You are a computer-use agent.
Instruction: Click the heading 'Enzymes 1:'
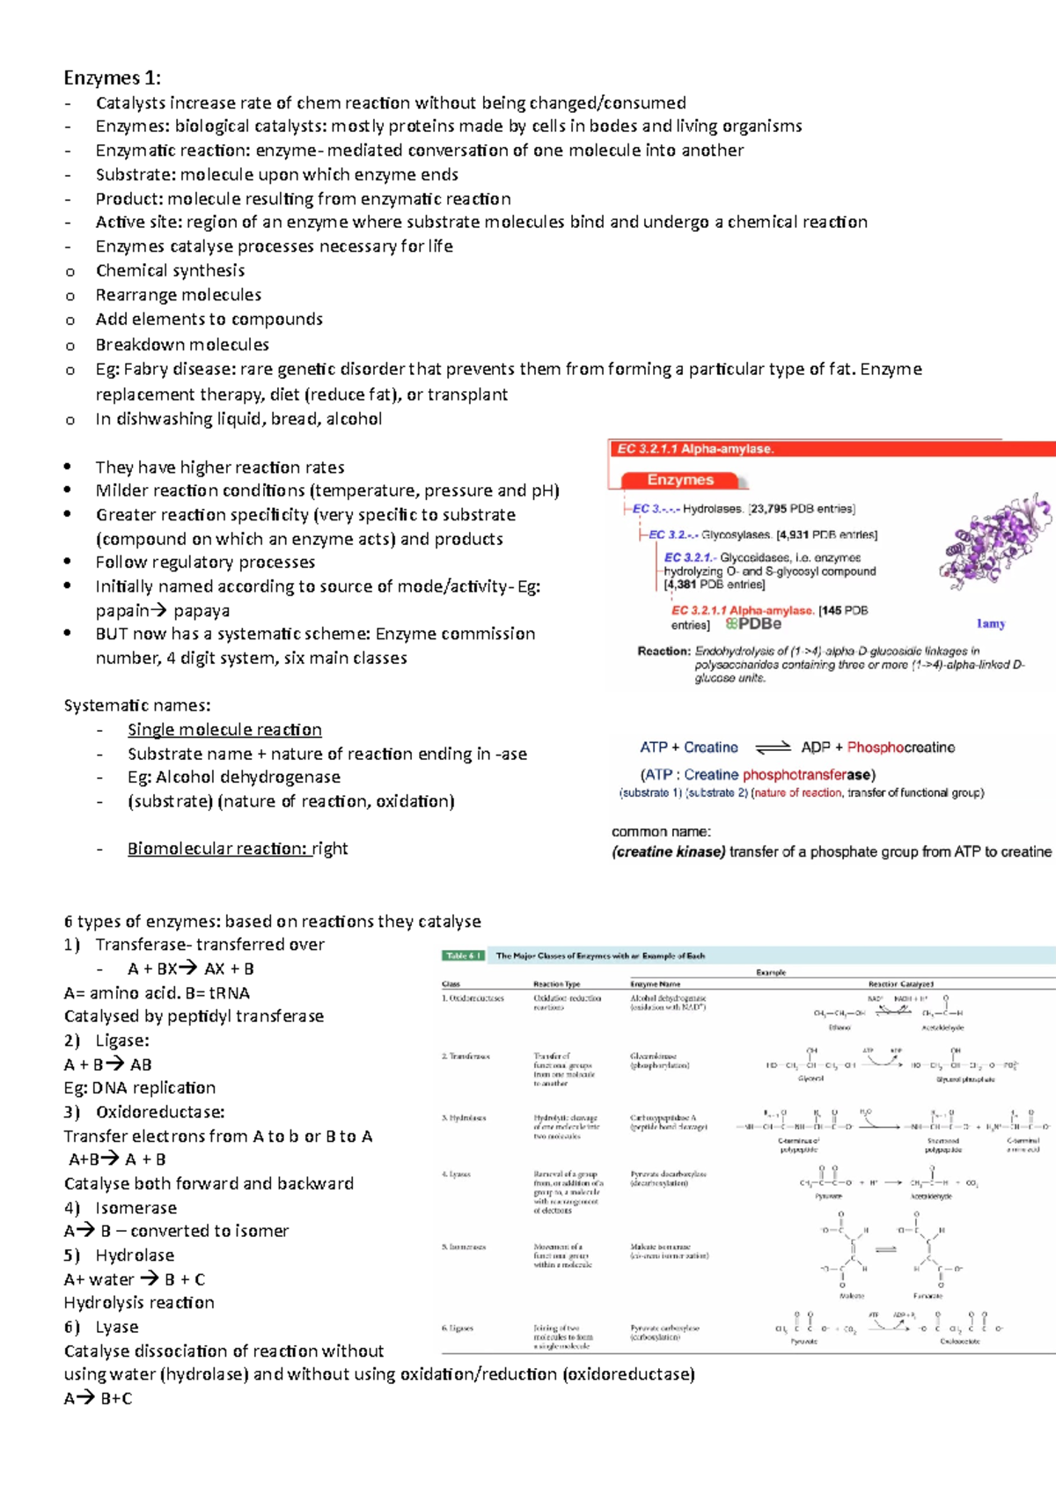112,77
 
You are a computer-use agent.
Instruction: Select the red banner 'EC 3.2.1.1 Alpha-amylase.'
695,449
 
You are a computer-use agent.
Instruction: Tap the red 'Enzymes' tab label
679,480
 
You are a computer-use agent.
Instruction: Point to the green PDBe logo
753,624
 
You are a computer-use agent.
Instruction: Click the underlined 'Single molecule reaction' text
224,730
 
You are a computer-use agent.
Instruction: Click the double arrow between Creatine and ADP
773,747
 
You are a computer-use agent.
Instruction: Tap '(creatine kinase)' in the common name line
668,851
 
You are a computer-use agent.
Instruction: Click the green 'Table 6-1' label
463,955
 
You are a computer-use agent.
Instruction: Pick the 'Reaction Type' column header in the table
556,984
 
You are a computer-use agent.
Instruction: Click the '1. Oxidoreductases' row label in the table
473,998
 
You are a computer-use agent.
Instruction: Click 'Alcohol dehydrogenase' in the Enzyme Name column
667,998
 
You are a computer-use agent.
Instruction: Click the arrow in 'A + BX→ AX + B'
187,968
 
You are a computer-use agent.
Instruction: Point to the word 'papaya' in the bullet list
202,611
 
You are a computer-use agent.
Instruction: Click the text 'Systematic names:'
136,705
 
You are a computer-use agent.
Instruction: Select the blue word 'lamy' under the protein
991,623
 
